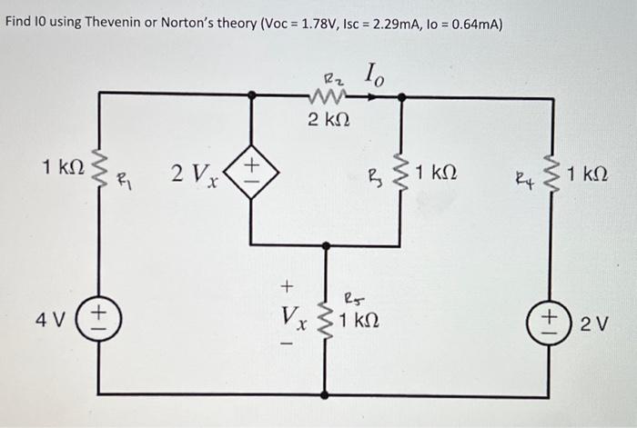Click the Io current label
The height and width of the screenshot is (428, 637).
pyautogui.click(x=376, y=73)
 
